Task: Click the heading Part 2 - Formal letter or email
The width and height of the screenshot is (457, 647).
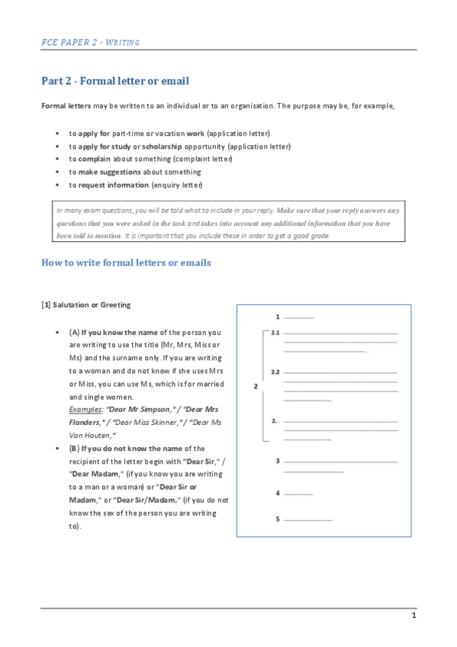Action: coord(115,81)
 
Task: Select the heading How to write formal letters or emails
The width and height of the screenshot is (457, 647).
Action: coord(126,262)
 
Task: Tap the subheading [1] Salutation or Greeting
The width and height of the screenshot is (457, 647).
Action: coord(85,305)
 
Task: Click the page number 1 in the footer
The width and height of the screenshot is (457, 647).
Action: coord(414,615)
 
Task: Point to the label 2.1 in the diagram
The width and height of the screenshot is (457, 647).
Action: coord(276,333)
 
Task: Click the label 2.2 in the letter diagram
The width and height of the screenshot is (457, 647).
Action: coord(276,372)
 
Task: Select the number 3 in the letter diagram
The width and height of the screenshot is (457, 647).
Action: coord(278,461)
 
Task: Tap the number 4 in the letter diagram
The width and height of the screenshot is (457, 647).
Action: coord(278,493)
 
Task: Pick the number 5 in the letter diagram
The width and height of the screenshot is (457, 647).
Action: coord(278,520)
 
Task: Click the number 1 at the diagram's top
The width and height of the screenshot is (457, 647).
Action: coord(278,316)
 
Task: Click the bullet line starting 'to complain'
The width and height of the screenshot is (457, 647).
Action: coord(150,159)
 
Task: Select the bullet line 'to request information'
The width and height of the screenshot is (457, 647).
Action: coord(136,185)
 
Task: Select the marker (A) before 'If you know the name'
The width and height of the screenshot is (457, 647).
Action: coord(74,333)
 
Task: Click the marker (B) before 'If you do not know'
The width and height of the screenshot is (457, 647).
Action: coord(74,449)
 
